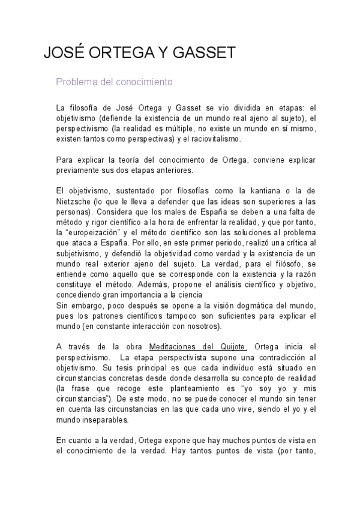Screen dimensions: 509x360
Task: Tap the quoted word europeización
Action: click(99, 233)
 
